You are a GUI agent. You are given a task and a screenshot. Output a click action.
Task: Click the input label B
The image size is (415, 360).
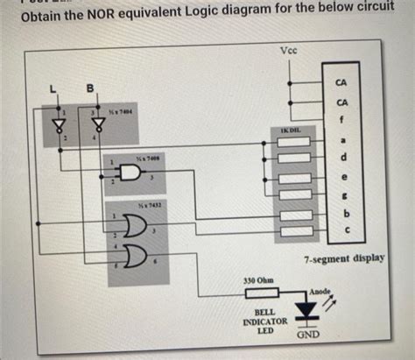88,88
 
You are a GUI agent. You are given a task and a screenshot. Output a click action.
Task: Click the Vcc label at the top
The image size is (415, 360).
289,50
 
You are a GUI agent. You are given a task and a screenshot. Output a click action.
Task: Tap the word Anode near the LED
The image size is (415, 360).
320,289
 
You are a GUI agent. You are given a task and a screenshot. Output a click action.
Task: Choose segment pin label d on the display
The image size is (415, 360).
342,157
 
